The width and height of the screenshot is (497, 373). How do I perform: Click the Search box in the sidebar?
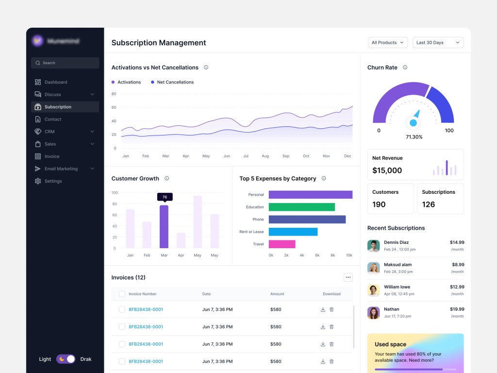(65, 63)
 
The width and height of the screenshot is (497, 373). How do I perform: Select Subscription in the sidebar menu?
(58, 107)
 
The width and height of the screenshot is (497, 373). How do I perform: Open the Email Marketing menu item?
(61, 169)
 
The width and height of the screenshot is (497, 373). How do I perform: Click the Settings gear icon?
(38, 181)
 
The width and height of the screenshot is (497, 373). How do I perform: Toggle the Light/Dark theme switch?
(66, 359)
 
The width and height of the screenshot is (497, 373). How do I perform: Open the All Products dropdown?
(387, 43)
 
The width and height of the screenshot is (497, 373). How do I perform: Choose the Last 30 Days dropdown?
(438, 43)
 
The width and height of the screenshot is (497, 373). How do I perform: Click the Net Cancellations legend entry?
(175, 82)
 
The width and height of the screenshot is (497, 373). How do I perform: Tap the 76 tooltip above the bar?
(165, 197)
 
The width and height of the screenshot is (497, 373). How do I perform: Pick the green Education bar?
(301, 207)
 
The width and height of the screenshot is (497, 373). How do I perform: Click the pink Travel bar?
(282, 244)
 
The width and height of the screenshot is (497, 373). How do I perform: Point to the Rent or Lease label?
(251, 232)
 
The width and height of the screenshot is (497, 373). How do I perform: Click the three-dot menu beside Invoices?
(348, 277)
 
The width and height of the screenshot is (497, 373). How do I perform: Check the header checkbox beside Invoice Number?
(122, 294)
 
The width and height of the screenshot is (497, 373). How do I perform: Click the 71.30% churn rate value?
(414, 137)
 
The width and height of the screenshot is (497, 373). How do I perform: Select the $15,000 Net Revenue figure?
(387, 170)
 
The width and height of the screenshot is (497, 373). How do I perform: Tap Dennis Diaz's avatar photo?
(373, 246)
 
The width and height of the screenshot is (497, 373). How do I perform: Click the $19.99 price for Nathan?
(457, 309)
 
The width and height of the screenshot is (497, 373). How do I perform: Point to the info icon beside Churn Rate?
(405, 68)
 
